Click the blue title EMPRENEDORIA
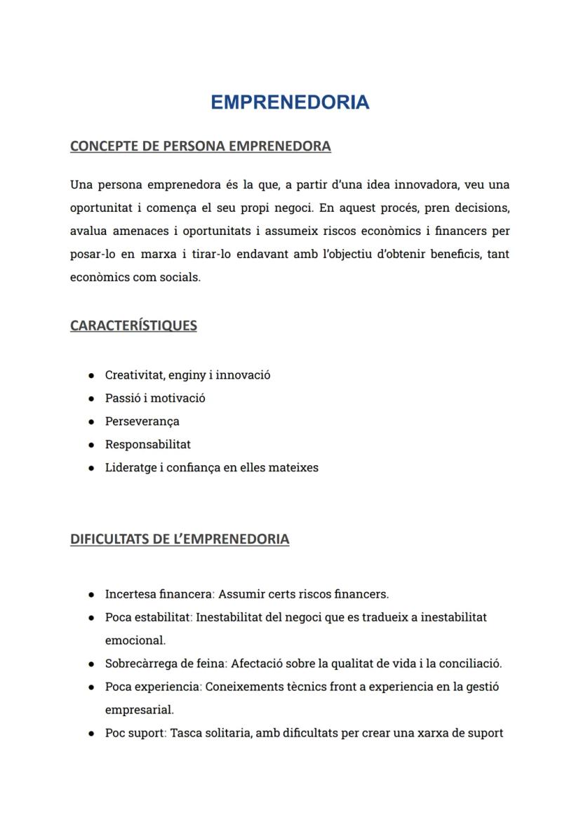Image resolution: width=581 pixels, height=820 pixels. click(290, 102)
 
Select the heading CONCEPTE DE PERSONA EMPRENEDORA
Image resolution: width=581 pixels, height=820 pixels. click(200, 146)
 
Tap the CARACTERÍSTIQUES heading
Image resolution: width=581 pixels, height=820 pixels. click(133, 325)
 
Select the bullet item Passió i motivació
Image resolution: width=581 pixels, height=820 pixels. click(155, 398)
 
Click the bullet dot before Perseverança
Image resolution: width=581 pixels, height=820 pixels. click(92, 422)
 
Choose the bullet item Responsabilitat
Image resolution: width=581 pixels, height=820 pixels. click(147, 444)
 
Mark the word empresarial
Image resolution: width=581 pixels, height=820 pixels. click(139, 710)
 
